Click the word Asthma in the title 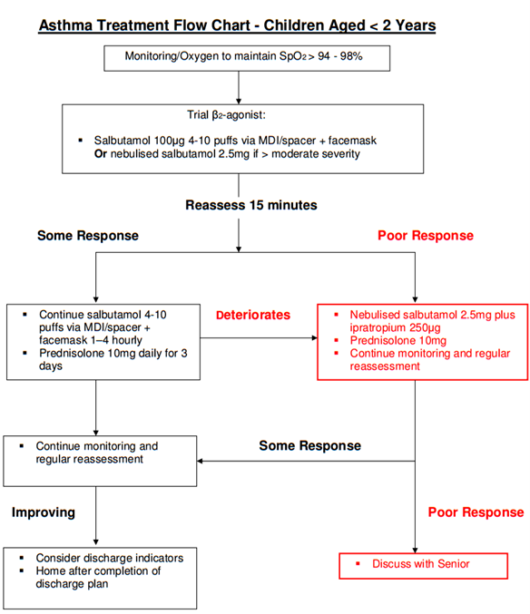(66, 25)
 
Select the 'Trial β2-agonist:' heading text (226, 115)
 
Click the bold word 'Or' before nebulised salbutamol (100, 154)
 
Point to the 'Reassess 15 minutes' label (251, 205)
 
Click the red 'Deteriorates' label (253, 315)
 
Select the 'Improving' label (43, 512)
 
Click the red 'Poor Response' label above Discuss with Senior (476, 512)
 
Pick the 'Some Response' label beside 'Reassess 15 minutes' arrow (88, 236)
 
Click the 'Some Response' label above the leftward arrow (309, 445)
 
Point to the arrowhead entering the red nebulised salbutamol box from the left (314, 337)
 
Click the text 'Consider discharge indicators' (109, 558)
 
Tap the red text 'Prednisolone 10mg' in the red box (398, 341)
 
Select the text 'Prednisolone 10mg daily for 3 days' (113, 359)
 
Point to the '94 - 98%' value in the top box (340, 56)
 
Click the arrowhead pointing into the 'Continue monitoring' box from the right (200, 461)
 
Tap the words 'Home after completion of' (98, 571)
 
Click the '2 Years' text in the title (409, 25)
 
